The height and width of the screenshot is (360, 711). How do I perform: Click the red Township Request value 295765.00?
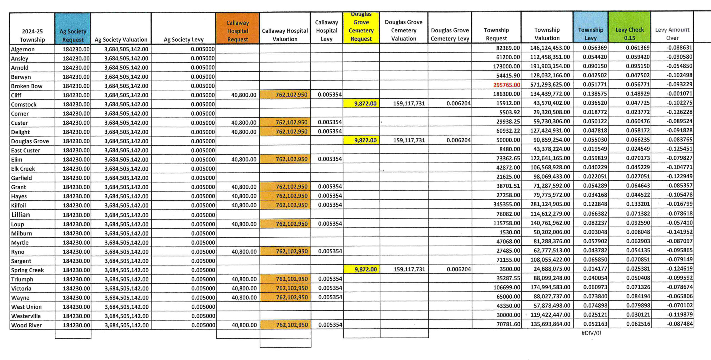[x=506, y=85]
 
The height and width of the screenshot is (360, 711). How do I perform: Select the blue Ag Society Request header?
[x=73, y=35]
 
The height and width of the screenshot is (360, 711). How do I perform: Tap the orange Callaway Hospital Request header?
[x=237, y=31]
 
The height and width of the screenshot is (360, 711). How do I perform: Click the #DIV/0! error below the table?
[x=591, y=333]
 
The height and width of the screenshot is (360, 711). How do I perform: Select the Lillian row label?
[x=21, y=215]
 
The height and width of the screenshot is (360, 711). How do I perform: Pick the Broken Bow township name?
[x=27, y=86]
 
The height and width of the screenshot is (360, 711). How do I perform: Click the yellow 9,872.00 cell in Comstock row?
[x=365, y=104]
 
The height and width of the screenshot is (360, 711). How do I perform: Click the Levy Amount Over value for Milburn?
[x=679, y=232]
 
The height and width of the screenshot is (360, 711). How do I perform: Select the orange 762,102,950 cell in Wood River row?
[x=292, y=325]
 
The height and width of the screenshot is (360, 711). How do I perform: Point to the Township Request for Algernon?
[x=508, y=48]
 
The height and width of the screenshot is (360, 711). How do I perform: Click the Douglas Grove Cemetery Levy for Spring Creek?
[x=459, y=269]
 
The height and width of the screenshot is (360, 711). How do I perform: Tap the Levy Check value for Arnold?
[x=638, y=66]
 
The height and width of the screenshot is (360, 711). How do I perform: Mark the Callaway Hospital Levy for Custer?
[x=330, y=122]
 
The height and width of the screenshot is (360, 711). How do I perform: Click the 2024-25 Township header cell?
[x=32, y=35]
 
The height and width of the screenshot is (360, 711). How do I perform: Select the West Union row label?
[x=26, y=307]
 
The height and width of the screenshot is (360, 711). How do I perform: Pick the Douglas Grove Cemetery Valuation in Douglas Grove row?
[x=409, y=140]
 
